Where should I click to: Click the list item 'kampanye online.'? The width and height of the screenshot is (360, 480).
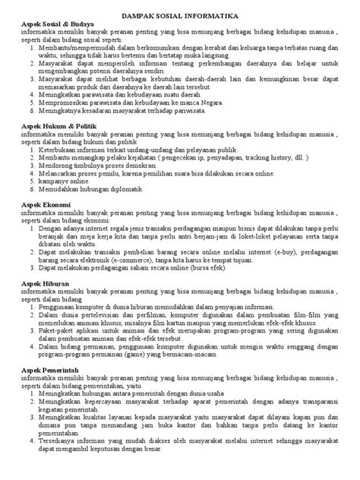(x=65, y=182)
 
